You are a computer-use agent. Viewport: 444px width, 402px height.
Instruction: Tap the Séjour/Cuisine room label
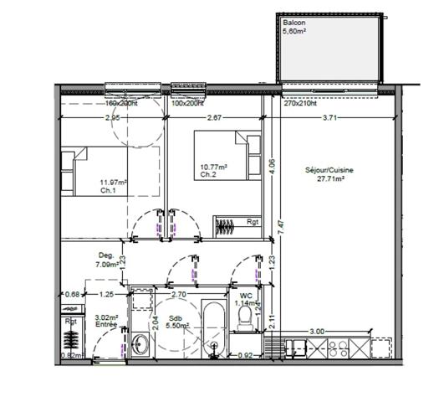point(329,174)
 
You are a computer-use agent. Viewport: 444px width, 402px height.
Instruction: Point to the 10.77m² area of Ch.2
point(213,167)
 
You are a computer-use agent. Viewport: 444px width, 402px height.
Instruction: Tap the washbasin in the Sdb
point(139,343)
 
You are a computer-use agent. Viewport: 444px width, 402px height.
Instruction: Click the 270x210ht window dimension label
point(301,105)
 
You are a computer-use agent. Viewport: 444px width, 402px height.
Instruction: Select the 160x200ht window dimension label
point(121,104)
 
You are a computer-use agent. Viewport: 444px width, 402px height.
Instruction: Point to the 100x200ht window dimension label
point(188,104)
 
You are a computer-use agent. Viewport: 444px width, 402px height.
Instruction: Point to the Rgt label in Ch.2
point(252,223)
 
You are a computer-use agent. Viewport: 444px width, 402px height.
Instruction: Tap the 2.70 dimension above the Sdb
point(177,295)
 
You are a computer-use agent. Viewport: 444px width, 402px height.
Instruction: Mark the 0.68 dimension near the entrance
point(73,294)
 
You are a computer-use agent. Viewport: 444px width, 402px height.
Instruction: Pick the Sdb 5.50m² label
point(177,322)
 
